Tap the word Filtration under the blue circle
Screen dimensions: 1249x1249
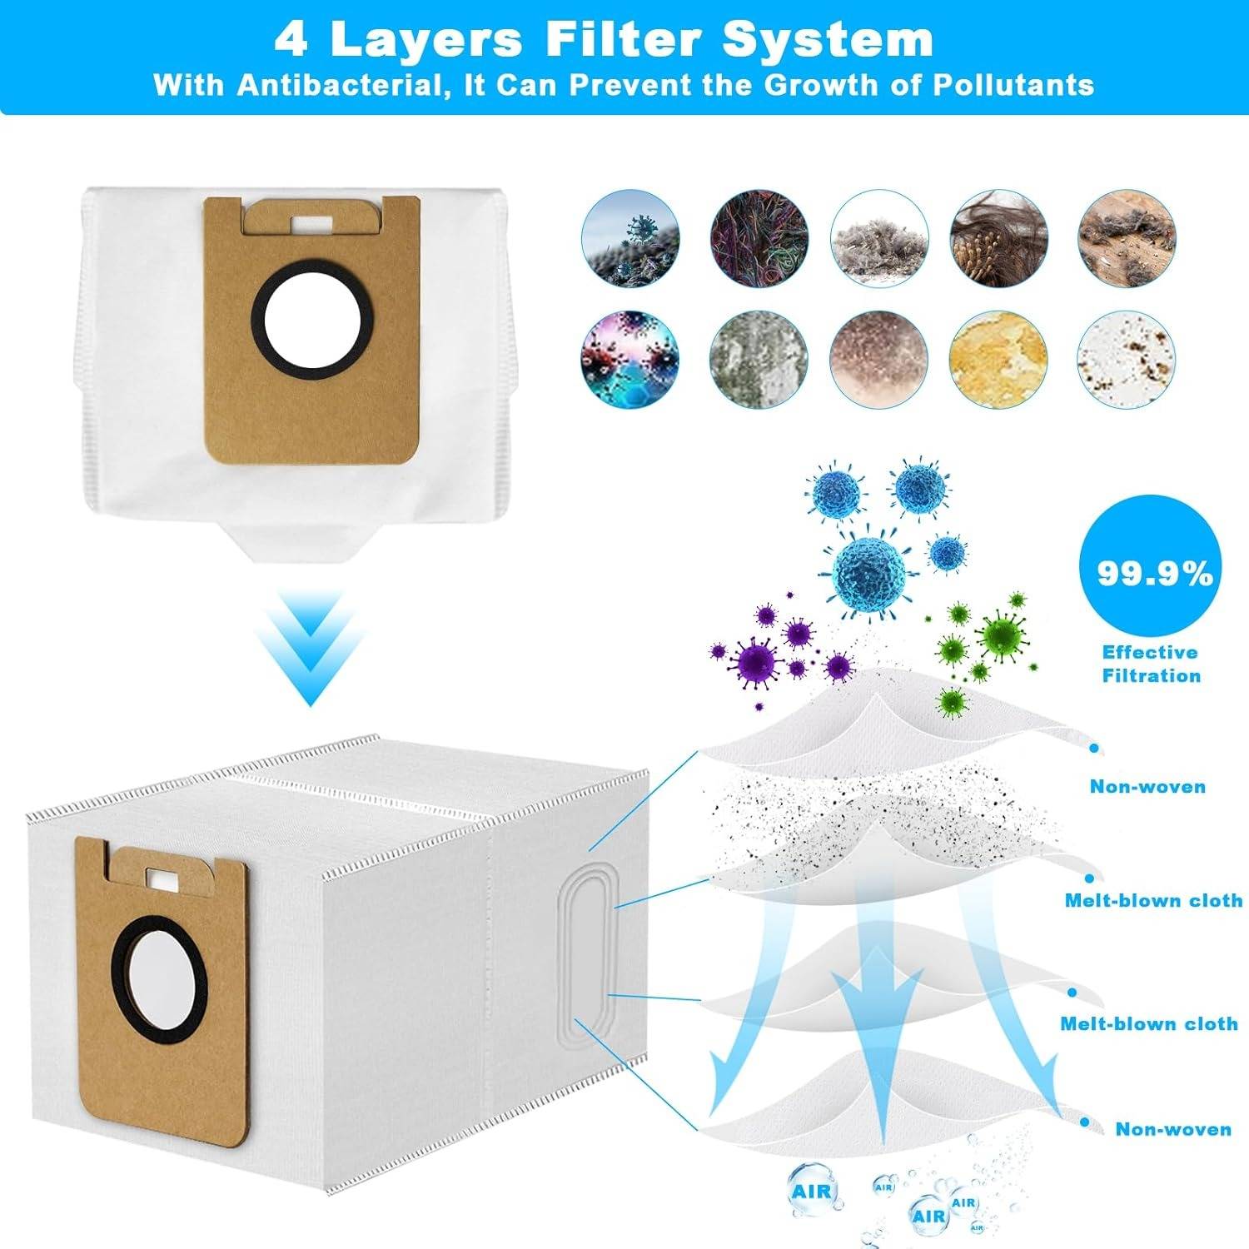tap(1152, 675)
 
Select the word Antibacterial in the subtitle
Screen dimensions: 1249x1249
tap(337, 85)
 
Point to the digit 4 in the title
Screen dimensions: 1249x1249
tap(291, 40)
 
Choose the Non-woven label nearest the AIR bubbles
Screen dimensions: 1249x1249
tap(1173, 1129)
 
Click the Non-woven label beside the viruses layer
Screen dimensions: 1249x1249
tap(1147, 786)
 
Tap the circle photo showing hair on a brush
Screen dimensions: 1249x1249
tap(999, 238)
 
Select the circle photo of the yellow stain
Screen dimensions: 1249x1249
tap(999, 359)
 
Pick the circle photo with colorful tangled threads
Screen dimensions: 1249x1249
tap(759, 238)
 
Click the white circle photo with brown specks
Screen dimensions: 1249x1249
tap(1127, 359)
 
